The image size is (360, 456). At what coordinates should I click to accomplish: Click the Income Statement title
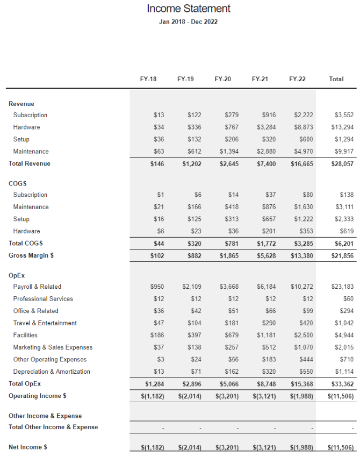coord(189,9)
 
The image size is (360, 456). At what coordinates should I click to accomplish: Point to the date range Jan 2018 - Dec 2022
coord(189,22)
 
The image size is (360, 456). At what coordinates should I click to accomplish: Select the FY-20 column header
coord(222,79)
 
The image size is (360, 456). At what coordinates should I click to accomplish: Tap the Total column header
coord(336,79)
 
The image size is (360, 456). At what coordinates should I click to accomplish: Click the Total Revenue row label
coord(30,163)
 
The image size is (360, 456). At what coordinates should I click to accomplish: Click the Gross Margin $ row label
coord(31,255)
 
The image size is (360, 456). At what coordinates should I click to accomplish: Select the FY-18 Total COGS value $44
coord(159,244)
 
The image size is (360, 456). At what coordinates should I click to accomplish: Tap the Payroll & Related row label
coord(37,287)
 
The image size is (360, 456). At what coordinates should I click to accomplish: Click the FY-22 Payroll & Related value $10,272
coord(301,287)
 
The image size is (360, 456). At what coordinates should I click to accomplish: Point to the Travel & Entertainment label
coord(45,323)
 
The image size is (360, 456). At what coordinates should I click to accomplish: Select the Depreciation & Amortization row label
coord(52,372)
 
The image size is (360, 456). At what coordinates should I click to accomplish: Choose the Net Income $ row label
coord(28,447)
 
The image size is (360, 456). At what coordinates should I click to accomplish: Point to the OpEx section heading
coord(17,275)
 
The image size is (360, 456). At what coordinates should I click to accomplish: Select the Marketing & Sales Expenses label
coord(53,347)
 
